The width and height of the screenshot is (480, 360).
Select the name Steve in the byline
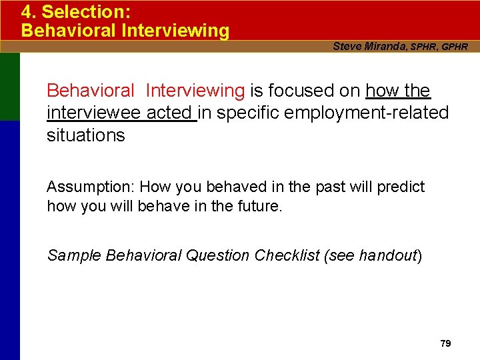pyautogui.click(x=347, y=46)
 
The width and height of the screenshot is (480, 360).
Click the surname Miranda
pyautogui.click(x=385, y=46)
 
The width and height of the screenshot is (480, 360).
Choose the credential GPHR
pyautogui.click(x=455, y=47)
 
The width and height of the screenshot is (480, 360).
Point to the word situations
pyautogui.click(x=86, y=135)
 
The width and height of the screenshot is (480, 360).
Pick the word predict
pyautogui.click(x=401, y=187)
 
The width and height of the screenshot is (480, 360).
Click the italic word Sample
pyautogui.click(x=74, y=255)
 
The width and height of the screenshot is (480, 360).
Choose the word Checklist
pyautogui.click(x=287, y=255)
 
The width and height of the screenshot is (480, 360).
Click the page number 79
pyautogui.click(x=445, y=343)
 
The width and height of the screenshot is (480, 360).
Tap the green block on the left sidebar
pyautogui.click(x=10, y=87)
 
